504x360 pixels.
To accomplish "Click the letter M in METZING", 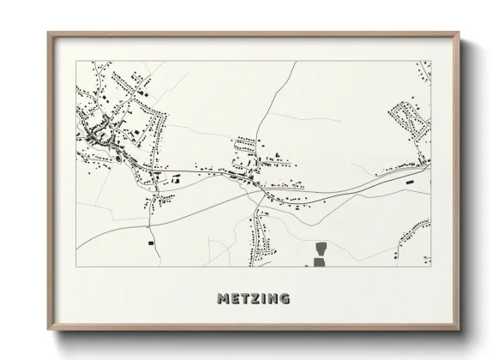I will [x=223, y=299].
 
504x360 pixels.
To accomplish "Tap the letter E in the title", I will [x=234, y=299].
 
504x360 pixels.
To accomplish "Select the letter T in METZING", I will [x=244, y=299].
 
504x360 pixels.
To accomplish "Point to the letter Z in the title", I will [x=255, y=299].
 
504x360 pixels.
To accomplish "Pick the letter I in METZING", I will [x=263, y=299].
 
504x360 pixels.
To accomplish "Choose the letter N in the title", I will [x=272, y=299].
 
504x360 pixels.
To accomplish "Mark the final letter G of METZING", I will [x=284, y=299].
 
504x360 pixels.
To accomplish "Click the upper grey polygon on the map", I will [x=321, y=249].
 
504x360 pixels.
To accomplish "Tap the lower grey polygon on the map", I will [x=320, y=261].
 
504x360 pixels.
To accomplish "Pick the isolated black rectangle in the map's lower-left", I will [x=152, y=243].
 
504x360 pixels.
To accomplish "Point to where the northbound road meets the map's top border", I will [x=297, y=62].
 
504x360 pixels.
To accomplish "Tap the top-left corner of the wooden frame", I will [x=47, y=33].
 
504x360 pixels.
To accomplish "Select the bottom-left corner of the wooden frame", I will [x=47, y=329].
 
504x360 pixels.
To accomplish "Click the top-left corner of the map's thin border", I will [x=76, y=62].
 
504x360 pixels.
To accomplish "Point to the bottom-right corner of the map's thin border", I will [x=430, y=267].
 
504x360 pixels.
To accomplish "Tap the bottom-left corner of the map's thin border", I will [x=76, y=267].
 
